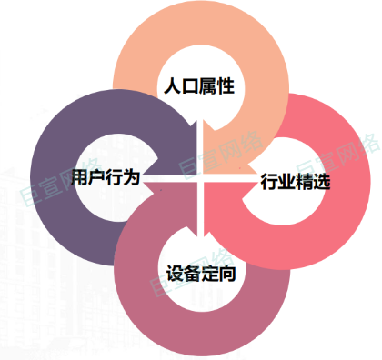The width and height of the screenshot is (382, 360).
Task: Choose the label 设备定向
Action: (x=202, y=272)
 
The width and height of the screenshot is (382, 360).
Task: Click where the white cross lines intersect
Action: (x=202, y=175)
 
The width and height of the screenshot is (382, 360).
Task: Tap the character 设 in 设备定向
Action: (x=176, y=272)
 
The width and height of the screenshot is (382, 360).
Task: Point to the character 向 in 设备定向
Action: (x=228, y=272)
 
